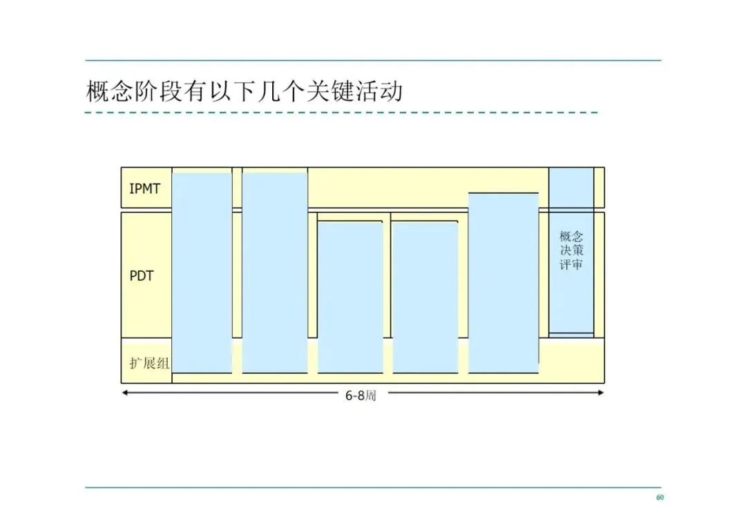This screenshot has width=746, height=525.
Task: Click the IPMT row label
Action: coord(144,188)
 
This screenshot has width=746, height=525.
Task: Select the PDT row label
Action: coord(142,276)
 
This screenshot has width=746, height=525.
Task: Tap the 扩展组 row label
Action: coord(149,363)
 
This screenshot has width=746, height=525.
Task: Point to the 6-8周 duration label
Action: coord(361,396)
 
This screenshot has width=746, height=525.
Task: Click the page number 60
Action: coord(660,497)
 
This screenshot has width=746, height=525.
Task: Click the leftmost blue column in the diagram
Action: coord(202,273)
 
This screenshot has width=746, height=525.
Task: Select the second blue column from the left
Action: coord(274,273)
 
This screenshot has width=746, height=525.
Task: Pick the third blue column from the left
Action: coord(350,297)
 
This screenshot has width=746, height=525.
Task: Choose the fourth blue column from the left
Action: coord(425,297)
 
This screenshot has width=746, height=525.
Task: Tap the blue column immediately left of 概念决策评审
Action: coord(503,283)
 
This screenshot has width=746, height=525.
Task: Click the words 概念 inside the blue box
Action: coord(571,236)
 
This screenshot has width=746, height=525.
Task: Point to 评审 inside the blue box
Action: coord(571,264)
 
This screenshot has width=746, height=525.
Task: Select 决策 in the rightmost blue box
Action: coord(571,250)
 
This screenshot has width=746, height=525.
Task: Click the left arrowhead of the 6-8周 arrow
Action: coord(124,393)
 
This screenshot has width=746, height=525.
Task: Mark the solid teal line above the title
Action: coord(373,61)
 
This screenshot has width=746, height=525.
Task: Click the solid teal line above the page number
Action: coord(373,487)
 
